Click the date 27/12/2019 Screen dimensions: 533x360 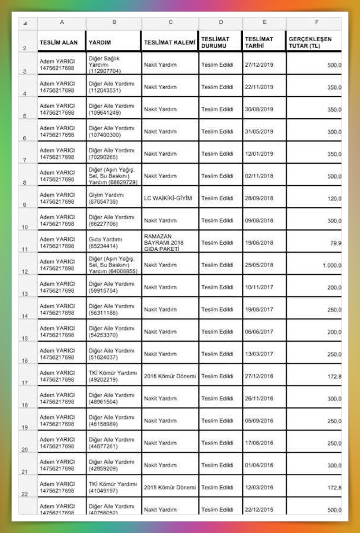coord(259,65)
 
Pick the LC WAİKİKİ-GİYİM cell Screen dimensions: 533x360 coord(168,198)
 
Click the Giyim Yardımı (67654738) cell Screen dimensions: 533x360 coord(106,198)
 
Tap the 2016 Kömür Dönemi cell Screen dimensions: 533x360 coord(170,376)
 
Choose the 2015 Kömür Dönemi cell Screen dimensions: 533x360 coord(170,488)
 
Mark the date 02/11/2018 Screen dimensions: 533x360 coord(259,176)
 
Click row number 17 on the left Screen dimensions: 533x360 coord(24,382)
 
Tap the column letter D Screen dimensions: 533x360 coord(221,22)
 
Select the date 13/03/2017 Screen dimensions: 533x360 coord(259,354)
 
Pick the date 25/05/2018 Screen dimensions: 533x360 coord(259,265)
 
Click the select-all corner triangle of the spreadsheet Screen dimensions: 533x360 coord(24,23)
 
